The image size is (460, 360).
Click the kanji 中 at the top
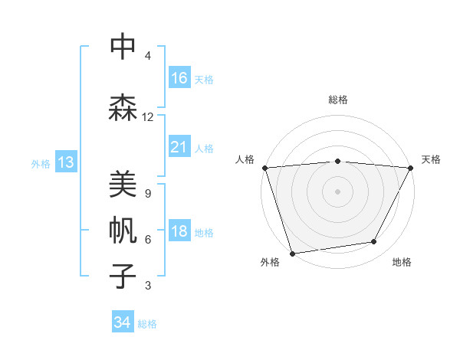(x=123, y=47)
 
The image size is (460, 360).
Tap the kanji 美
(x=123, y=184)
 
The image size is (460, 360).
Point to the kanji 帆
(x=123, y=230)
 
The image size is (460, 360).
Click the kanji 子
(x=123, y=275)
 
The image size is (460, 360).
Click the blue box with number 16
(x=179, y=77)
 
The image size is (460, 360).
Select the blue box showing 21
(x=179, y=147)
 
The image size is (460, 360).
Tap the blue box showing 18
(x=179, y=231)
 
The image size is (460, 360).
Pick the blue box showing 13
(x=65, y=162)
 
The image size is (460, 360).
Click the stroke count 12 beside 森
(x=147, y=117)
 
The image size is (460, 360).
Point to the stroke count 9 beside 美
(x=147, y=194)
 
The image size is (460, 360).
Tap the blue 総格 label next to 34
(x=147, y=323)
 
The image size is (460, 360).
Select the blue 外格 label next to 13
(x=41, y=163)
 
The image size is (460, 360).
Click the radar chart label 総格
(x=337, y=100)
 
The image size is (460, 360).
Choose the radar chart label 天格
(x=431, y=159)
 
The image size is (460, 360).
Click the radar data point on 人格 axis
(x=264, y=168)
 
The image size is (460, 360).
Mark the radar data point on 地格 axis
(x=374, y=242)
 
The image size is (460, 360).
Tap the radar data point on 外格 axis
(x=292, y=253)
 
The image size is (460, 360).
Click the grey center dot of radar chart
(x=337, y=191)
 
